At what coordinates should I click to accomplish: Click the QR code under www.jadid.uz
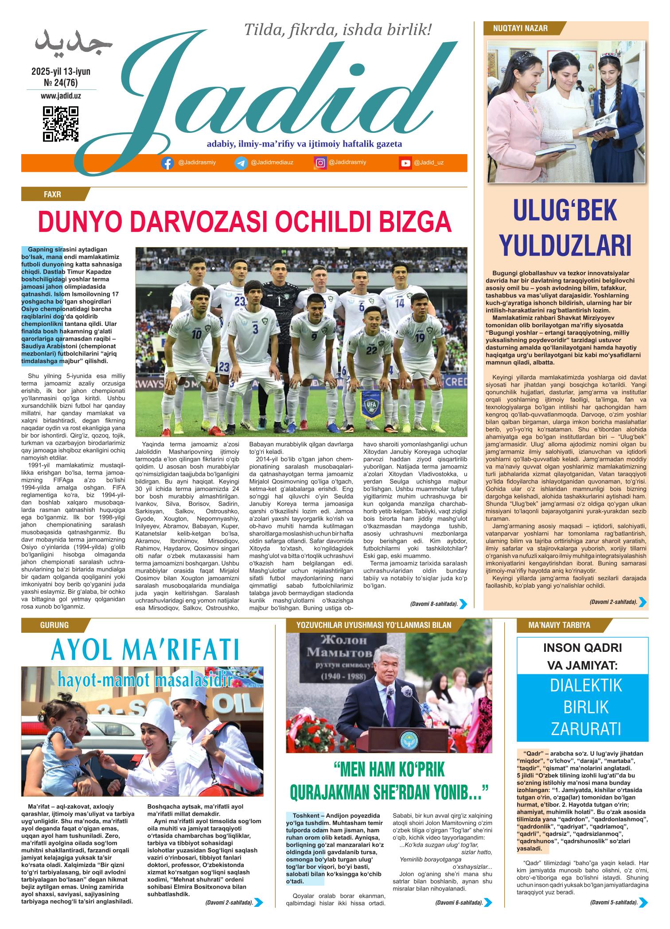pyautogui.click(x=61, y=124)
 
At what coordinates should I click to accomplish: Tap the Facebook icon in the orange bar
pyautogui.click(x=167, y=163)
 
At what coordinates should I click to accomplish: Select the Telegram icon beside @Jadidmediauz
pyautogui.click(x=241, y=163)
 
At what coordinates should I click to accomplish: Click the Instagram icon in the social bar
pyautogui.click(x=320, y=163)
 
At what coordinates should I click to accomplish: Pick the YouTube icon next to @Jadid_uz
pyautogui.click(x=405, y=163)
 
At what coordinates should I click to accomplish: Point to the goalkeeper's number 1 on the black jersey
pyautogui.click(x=279, y=302)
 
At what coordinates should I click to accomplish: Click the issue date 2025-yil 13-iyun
pyautogui.click(x=61, y=71)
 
